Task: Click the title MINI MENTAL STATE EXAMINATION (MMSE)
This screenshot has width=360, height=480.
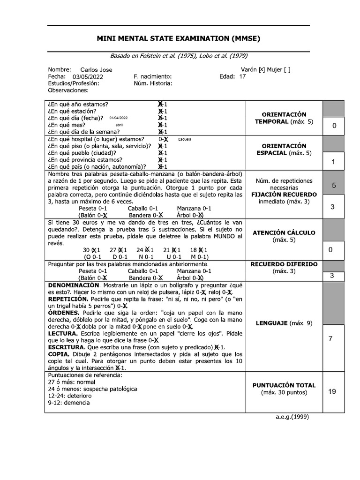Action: click(178, 38)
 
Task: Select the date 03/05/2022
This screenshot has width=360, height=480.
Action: click(87, 76)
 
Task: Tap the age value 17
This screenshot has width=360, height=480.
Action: click(242, 76)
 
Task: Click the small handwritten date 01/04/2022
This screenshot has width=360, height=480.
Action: click(118, 118)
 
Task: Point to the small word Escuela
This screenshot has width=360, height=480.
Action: click(185, 139)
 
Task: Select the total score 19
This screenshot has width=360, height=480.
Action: click(332, 392)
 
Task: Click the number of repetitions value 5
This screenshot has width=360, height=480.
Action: click(334, 185)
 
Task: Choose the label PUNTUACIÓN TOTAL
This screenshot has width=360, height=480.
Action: click(284, 385)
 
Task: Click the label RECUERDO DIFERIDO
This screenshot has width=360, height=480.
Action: click(284, 264)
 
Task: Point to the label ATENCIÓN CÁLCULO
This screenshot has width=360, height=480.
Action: click(284, 233)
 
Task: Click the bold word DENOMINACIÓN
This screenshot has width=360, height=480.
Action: click(73, 285)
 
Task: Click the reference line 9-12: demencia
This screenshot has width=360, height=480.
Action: click(69, 403)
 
